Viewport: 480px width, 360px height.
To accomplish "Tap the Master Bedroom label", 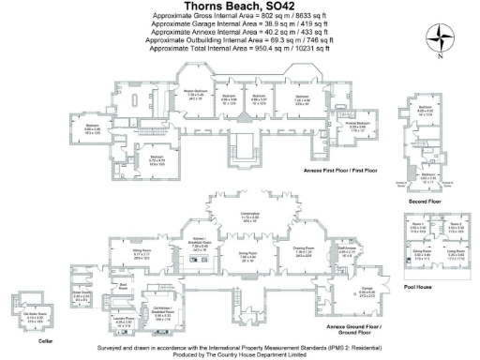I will (194, 94).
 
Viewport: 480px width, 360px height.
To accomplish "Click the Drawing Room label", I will (303, 251).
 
